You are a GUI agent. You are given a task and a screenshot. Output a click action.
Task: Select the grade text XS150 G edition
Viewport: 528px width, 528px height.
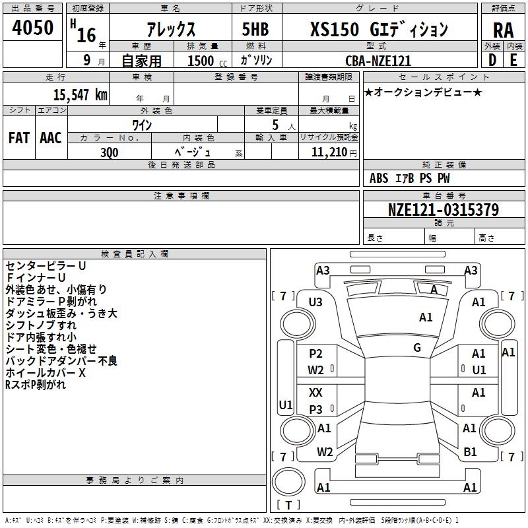click(379, 30)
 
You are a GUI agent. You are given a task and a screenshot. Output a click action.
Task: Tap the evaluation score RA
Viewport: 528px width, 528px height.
click(503, 30)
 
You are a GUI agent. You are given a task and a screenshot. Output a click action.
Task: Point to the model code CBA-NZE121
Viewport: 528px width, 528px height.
click(378, 61)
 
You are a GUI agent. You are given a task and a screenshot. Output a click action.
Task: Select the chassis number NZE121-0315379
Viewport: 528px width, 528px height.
click(444, 210)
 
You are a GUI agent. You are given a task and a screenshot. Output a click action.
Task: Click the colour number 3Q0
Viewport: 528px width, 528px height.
click(110, 151)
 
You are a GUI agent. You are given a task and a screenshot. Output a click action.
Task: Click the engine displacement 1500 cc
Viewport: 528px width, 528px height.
click(202, 61)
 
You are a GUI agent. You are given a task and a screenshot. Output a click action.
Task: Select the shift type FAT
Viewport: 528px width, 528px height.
click(19, 137)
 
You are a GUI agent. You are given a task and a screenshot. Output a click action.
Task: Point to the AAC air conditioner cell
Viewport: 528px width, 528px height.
click(50, 137)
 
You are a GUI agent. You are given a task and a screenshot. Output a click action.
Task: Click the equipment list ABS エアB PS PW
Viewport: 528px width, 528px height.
click(410, 178)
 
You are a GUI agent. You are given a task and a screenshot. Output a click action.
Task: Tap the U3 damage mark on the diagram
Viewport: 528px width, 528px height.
click(315, 302)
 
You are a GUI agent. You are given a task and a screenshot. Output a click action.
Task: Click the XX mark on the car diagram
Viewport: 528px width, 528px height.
click(316, 392)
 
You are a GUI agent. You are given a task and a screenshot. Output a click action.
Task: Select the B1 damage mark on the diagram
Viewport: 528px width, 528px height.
click(470, 451)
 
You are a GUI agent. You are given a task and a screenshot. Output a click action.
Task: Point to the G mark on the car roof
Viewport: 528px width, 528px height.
click(417, 347)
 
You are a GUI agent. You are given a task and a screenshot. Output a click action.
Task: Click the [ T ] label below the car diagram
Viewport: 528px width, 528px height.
click(288, 506)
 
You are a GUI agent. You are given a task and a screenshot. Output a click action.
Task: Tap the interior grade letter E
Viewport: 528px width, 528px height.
click(513, 60)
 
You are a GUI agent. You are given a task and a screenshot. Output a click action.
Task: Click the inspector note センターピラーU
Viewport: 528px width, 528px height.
click(46, 265)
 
